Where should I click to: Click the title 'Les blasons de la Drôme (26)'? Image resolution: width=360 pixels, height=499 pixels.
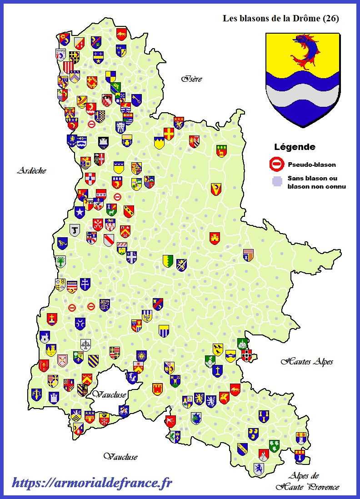coord(280,19)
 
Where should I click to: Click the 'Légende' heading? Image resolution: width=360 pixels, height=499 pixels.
coord(295,147)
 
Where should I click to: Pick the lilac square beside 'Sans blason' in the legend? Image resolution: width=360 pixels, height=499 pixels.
coord(277,182)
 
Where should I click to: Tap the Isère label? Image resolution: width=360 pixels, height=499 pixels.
coord(191,79)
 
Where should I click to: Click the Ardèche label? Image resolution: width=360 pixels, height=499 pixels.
coord(32,171)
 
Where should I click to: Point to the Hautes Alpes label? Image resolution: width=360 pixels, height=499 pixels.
coord(307,362)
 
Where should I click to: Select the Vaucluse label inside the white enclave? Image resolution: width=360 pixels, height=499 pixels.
coord(109,394)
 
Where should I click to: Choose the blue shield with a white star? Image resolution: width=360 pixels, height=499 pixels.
coord(80,212)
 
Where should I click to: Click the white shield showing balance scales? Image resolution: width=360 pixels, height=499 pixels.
coord(85,345)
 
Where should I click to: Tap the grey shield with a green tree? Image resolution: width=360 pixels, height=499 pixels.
coord(60,261)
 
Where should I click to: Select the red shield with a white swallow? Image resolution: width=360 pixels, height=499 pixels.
coord(170,421)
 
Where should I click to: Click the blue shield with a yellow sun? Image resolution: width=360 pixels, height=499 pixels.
coord(141,356)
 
